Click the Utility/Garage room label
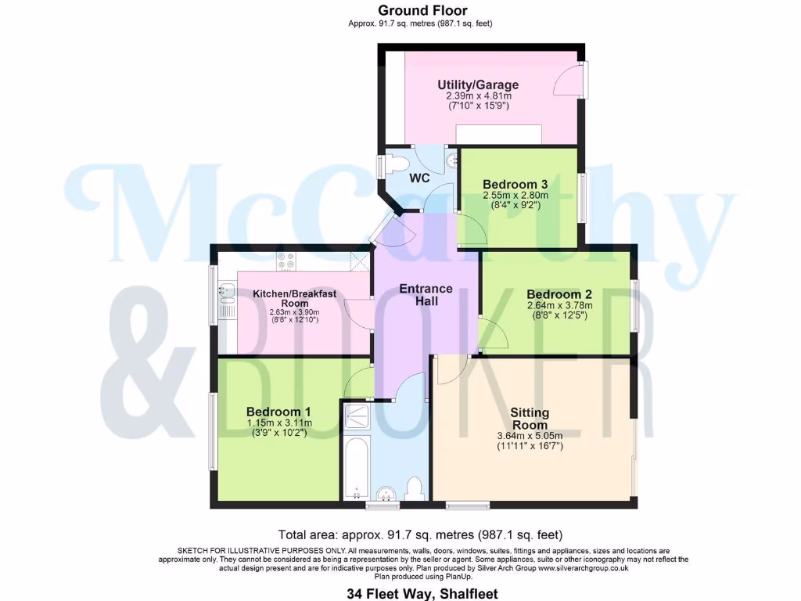click(x=478, y=85)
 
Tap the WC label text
click(x=420, y=178)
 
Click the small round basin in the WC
click(x=452, y=160)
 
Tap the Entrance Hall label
click(x=426, y=294)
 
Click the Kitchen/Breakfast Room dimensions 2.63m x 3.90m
click(x=294, y=311)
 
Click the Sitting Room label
click(x=530, y=419)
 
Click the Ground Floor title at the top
click(x=422, y=10)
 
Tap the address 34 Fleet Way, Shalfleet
click(x=422, y=594)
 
